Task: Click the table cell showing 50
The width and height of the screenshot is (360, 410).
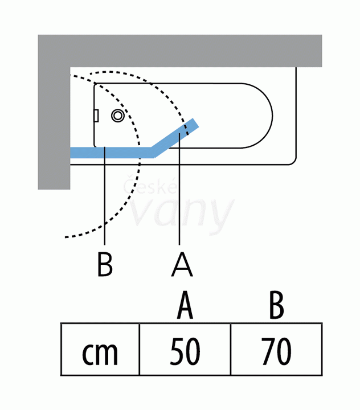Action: click(185, 350)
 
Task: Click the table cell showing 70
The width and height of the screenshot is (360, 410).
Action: click(276, 350)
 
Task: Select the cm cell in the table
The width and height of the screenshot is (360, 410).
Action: click(100, 350)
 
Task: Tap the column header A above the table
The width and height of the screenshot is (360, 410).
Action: click(185, 305)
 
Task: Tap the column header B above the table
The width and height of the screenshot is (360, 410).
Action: click(276, 305)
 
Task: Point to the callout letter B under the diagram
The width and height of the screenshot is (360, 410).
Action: click(105, 264)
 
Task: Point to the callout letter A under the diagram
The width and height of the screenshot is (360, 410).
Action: click(182, 264)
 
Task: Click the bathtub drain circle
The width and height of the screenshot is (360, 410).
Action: click(118, 115)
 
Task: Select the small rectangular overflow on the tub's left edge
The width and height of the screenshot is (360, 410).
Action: click(96, 116)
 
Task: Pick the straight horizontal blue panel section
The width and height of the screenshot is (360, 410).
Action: click(111, 153)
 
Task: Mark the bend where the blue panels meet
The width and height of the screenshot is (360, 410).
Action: click(153, 153)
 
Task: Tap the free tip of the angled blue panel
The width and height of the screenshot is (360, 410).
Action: click(196, 122)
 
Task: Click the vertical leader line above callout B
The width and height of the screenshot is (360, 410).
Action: click(105, 196)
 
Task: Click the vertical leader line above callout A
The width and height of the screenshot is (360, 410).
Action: click(179, 189)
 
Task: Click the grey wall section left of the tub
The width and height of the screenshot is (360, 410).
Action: click(54, 128)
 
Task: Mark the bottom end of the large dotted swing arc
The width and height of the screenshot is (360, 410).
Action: click(66, 237)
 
